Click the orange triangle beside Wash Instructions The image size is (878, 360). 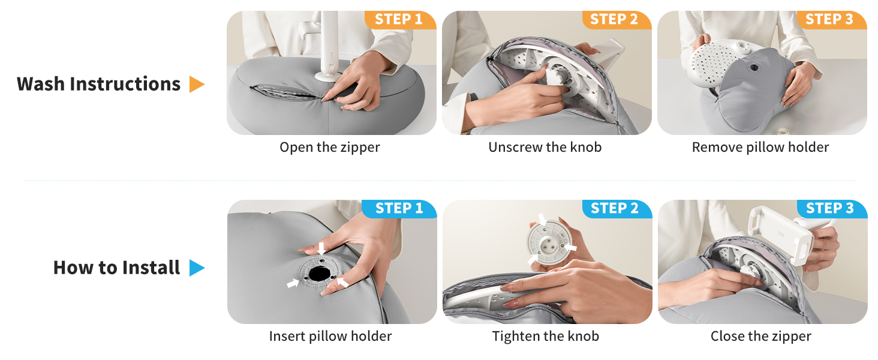[x=196, y=85]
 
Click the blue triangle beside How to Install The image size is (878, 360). [x=196, y=268]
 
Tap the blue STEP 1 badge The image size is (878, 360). [x=399, y=209]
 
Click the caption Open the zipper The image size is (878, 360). [x=330, y=148]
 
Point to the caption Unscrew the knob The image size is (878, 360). [x=545, y=147]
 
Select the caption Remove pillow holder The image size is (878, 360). [x=760, y=148]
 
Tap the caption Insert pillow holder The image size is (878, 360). [x=330, y=337]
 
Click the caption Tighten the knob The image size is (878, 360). [x=546, y=337]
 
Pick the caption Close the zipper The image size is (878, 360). [x=761, y=337]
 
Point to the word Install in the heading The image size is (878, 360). [x=151, y=268]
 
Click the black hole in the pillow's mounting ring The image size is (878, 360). [x=318, y=274]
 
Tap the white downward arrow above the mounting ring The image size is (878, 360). [x=321, y=248]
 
